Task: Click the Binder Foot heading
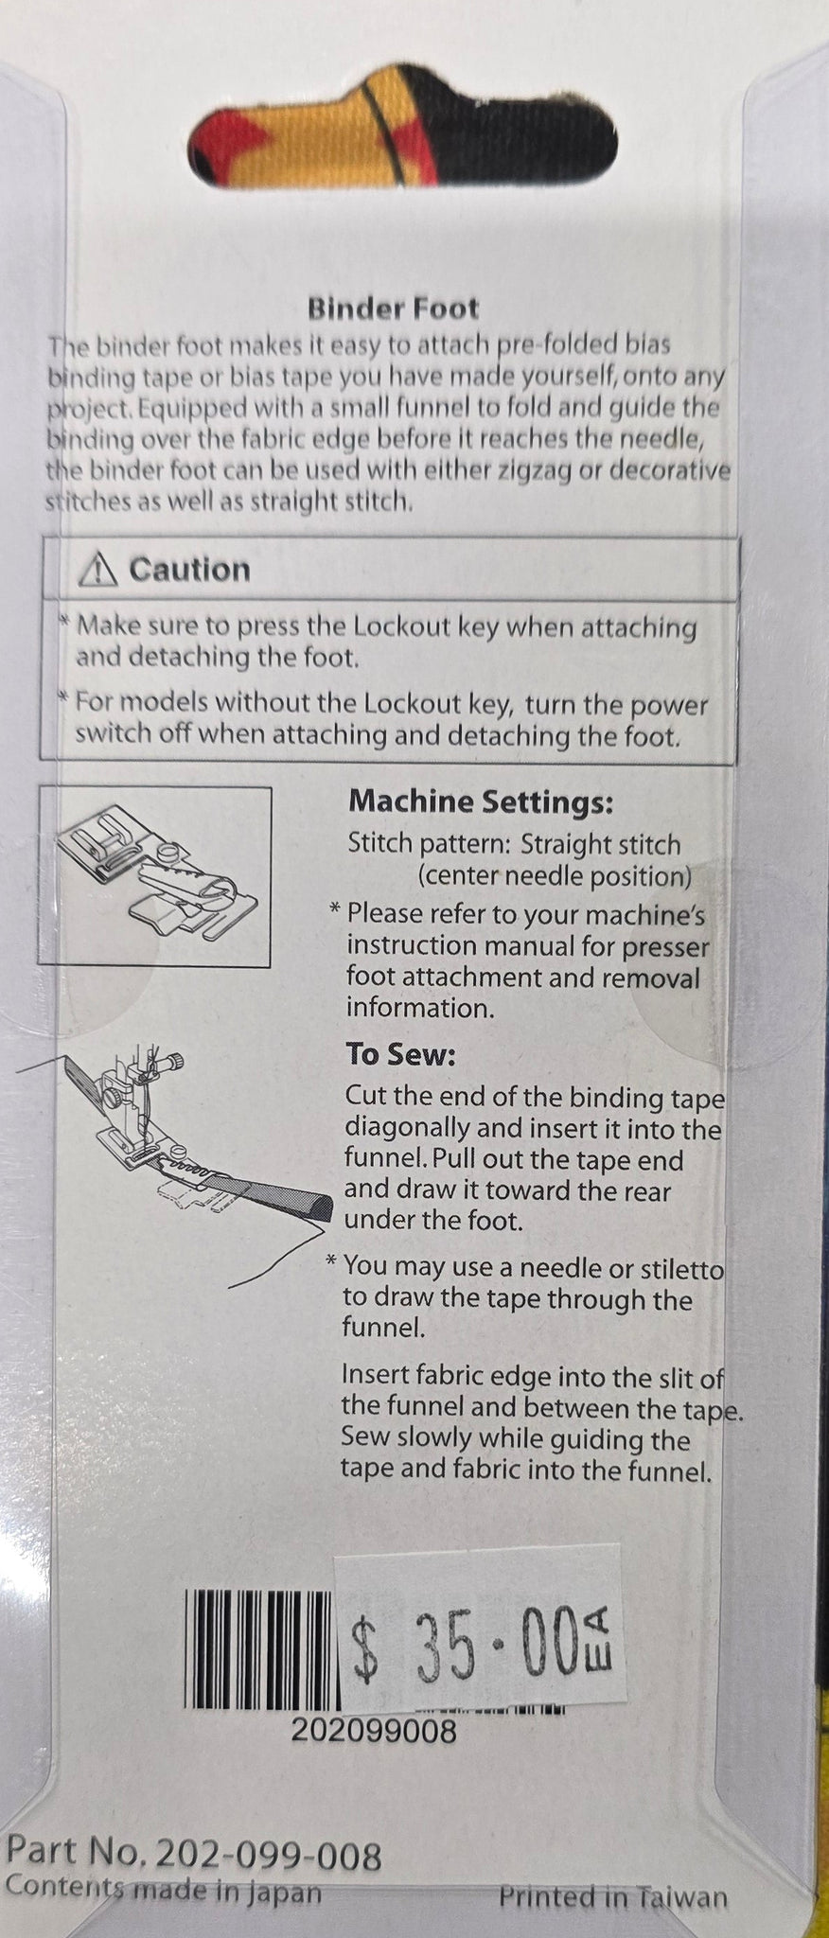click(x=393, y=308)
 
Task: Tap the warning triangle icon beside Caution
click(x=99, y=570)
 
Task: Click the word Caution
click(x=189, y=570)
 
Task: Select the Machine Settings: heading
click(x=481, y=802)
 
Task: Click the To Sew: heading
click(x=400, y=1054)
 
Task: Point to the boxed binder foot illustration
click(x=155, y=876)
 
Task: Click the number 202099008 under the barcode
click(x=374, y=1732)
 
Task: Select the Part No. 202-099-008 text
click(x=194, y=1856)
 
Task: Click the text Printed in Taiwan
click(x=613, y=1897)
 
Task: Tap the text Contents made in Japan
click(x=164, y=1892)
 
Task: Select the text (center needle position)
click(x=555, y=875)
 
